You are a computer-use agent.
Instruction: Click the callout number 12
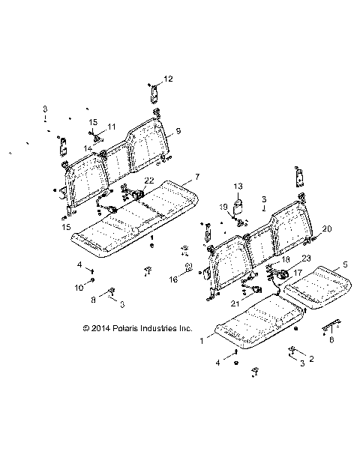coord(168,79)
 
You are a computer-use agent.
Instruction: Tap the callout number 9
coord(178,131)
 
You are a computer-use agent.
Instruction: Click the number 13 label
coord(238,184)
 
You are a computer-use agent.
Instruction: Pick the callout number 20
coord(326,229)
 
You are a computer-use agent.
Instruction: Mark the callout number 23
coord(285,258)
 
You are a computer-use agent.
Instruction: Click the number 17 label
coord(298,273)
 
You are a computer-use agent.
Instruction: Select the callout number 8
coord(92,300)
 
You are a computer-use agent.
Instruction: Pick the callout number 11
coord(112,127)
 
